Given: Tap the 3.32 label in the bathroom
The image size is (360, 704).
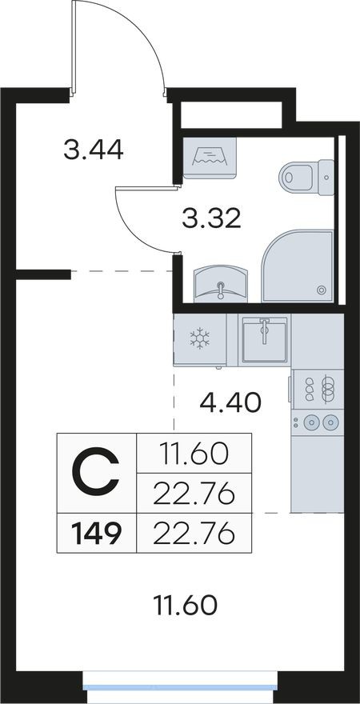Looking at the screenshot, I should (211, 217).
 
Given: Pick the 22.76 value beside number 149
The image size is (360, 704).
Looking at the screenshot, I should (194, 532).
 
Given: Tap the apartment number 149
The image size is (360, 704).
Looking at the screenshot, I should (96, 533).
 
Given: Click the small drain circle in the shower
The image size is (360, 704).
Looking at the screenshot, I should (321, 290).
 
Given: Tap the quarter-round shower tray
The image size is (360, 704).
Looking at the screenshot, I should (297, 266).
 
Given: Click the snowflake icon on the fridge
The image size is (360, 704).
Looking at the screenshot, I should (198, 338).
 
